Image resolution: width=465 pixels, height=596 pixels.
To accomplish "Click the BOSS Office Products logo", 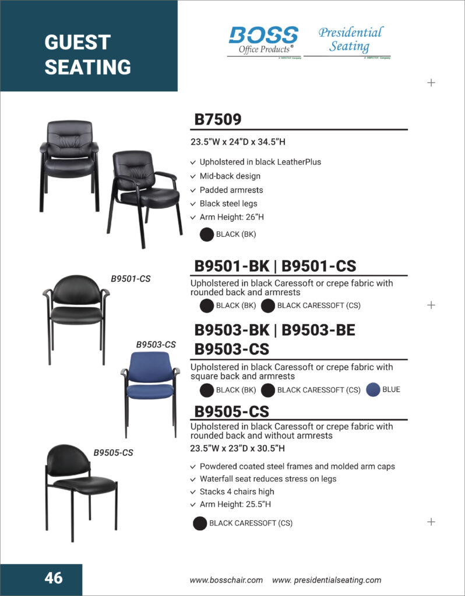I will coord(263,41).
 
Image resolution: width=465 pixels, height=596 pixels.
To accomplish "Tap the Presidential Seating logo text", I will coord(350,39).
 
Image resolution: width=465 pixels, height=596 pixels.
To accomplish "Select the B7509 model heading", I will coord(217,120).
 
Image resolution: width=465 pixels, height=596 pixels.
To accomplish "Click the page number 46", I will coord(53,578).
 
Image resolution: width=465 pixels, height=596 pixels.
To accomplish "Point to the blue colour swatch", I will coord(373,390).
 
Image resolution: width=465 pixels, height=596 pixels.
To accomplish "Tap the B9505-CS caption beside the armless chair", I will coord(113,452).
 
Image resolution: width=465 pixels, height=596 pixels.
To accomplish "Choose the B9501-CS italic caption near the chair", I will coord(131,279).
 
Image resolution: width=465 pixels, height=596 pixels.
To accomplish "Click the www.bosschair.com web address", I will coord(226,580).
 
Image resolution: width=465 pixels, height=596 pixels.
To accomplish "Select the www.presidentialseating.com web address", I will coord(327,580).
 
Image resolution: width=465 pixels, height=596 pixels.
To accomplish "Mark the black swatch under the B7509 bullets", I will coord(206,235).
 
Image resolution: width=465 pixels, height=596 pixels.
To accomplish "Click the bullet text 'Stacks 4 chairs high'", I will coord(237,491).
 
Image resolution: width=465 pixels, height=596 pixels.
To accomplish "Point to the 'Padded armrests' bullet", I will coord(231,190).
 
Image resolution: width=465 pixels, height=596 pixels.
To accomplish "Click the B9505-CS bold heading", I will coord(231,411).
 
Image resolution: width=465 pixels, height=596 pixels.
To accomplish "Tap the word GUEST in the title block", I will coord(77,42).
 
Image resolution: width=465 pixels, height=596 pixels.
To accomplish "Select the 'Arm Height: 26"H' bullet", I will coord(231,217).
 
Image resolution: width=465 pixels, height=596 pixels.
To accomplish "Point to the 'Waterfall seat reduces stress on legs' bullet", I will coord(267,478).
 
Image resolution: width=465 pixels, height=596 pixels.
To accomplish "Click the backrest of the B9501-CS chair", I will coord(76,292).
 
